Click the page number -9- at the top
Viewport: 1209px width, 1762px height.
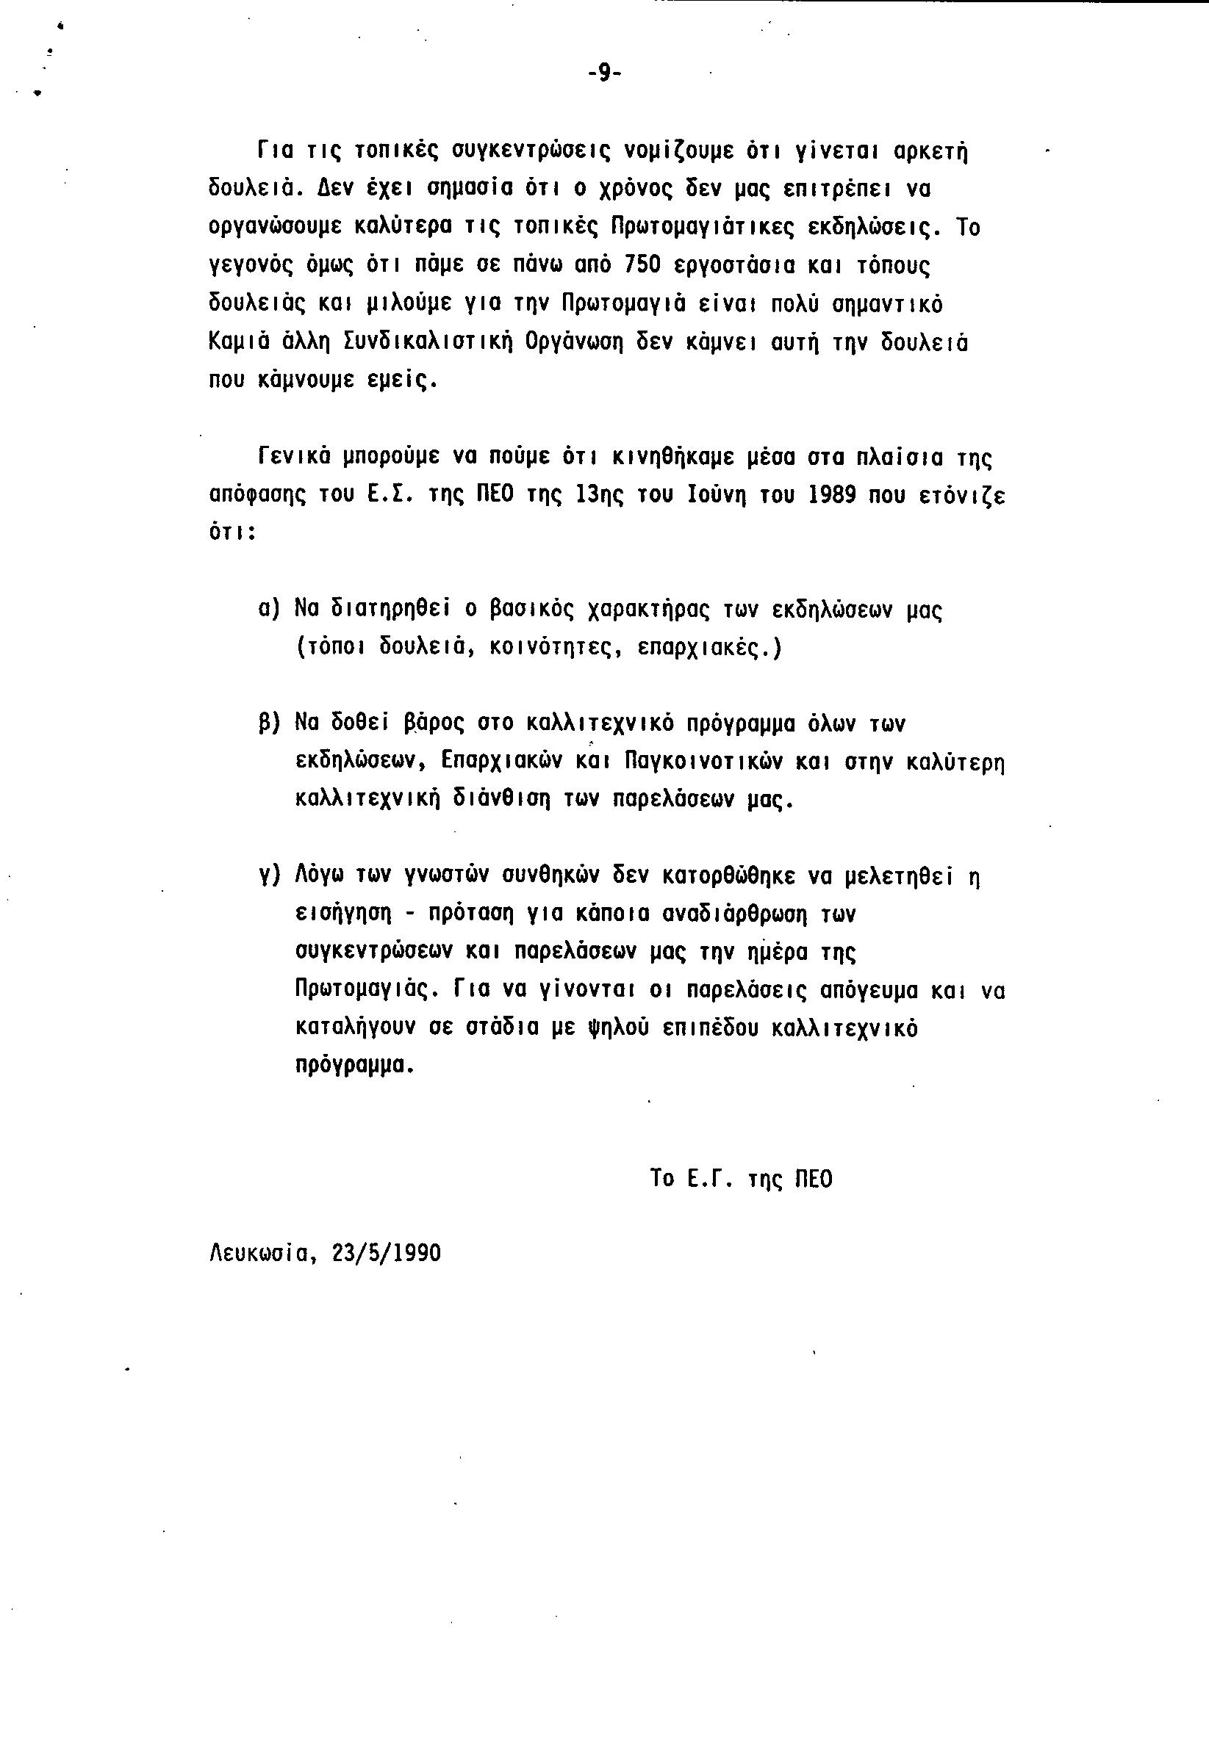(604, 73)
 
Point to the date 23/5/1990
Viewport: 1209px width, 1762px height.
(386, 1252)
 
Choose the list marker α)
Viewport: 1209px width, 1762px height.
(269, 609)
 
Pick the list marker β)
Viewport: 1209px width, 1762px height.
(269, 724)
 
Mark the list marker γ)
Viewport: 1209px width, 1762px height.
(269, 877)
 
